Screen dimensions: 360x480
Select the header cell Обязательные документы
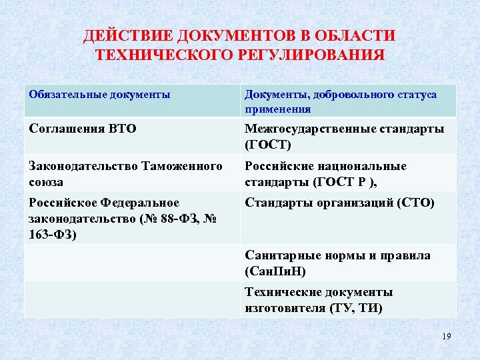tap(99, 95)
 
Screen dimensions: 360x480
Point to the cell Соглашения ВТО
tap(83, 129)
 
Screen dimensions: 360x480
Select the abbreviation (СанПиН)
tap(275, 271)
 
